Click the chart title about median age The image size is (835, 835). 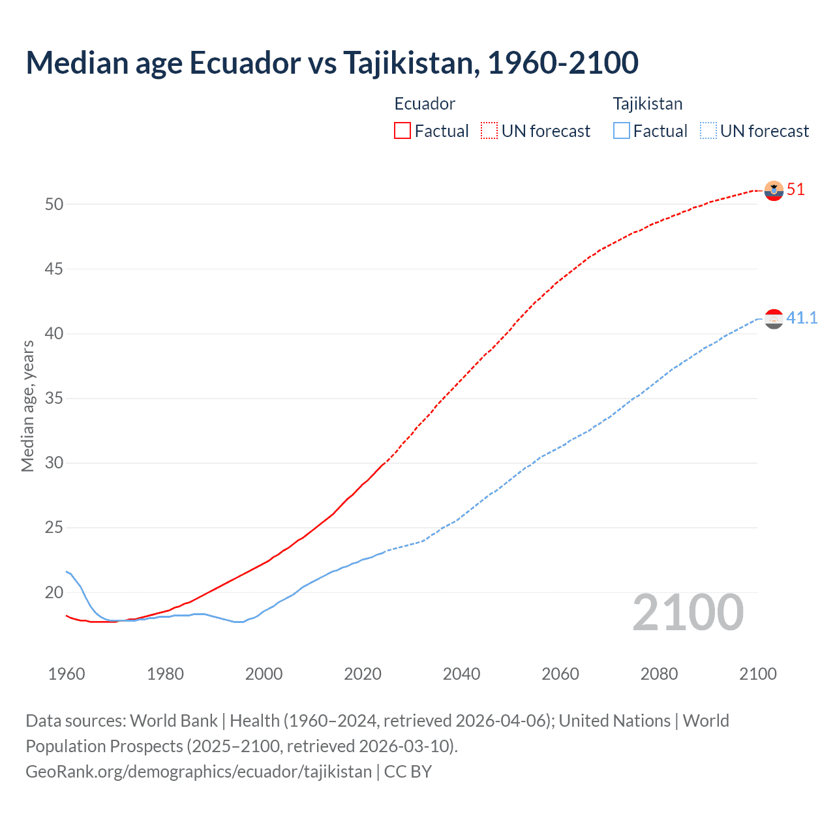(332, 63)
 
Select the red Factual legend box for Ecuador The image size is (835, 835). (402, 130)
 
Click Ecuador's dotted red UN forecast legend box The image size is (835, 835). (489, 130)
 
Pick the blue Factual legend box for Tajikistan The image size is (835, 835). (622, 130)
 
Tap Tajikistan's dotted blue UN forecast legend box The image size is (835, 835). (708, 130)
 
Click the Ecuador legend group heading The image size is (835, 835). (425, 104)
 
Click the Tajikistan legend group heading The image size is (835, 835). (647, 104)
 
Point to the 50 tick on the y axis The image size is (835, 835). (54, 204)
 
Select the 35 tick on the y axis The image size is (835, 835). (54, 399)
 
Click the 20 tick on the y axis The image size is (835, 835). (54, 593)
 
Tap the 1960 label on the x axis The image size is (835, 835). (67, 674)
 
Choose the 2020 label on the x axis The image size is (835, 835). (363, 674)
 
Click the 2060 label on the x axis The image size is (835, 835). (560, 674)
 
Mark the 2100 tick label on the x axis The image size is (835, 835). (758, 674)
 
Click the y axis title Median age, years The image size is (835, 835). (27, 406)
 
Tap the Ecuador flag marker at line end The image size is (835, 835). (774, 190)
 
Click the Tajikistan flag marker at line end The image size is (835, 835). (774, 319)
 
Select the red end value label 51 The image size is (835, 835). (796, 190)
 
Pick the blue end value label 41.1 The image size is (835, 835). (802, 318)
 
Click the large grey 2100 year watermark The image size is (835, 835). (688, 613)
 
